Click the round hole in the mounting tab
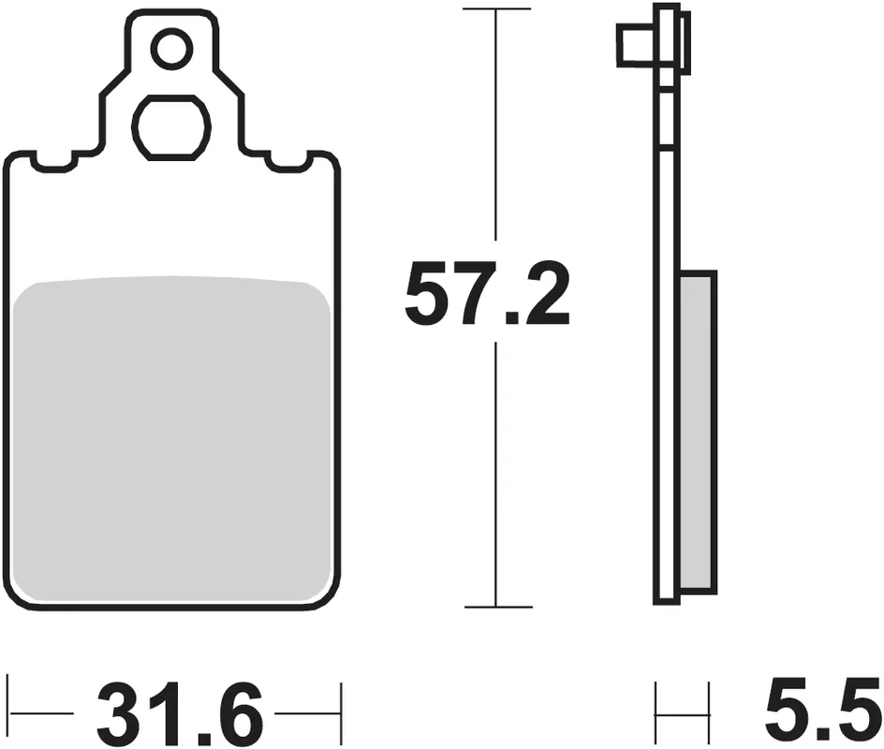[x=171, y=50]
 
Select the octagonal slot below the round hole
[x=171, y=126]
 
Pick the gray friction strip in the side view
[x=698, y=431]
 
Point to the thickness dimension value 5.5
[x=816, y=714]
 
